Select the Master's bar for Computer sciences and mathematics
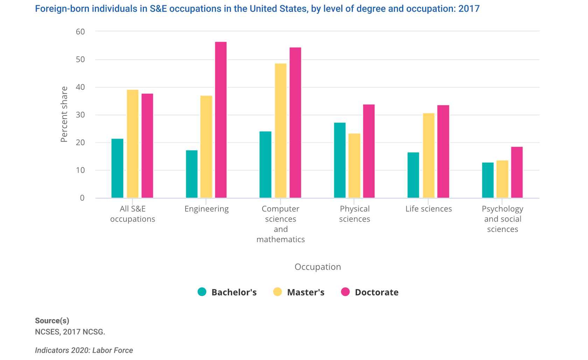(281, 131)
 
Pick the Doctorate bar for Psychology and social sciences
(517, 172)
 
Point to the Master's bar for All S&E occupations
(133, 144)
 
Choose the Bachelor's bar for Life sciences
(413, 175)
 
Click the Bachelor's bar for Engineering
(192, 174)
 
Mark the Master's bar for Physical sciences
(355, 166)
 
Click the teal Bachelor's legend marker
(202, 292)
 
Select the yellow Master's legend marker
(278, 292)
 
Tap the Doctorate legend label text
(377, 292)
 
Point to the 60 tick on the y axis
(80, 32)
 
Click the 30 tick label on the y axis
(80, 115)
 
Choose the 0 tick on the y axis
(82, 198)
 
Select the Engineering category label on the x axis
(206, 209)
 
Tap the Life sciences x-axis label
(428, 209)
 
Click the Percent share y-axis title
(64, 114)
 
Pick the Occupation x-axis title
(317, 267)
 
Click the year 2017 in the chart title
(469, 9)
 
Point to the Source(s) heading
(52, 321)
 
